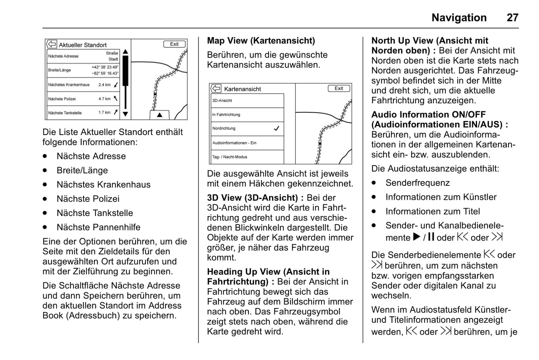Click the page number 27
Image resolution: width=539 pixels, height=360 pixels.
[x=513, y=18]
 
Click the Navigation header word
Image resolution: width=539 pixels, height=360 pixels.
[x=459, y=18]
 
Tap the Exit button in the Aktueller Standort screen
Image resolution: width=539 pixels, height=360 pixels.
[x=174, y=44]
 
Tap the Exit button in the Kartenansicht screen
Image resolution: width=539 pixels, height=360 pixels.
[x=339, y=88]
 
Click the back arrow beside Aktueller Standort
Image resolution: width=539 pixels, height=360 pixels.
[x=51, y=44]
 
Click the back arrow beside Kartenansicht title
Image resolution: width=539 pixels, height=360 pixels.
[x=216, y=89]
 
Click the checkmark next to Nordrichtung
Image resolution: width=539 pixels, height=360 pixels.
[x=276, y=128]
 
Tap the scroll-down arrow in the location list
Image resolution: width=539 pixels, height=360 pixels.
[x=125, y=114]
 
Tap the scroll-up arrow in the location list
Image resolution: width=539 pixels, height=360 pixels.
[x=125, y=52]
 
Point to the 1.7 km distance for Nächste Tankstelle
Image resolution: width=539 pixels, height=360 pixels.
[x=104, y=112]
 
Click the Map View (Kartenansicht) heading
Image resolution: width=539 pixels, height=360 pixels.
[x=261, y=41]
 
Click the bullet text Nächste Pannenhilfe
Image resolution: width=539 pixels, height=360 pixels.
[x=98, y=227]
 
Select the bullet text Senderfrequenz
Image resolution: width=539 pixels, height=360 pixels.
[x=417, y=183]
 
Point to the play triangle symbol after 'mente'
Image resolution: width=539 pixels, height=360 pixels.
[x=417, y=237]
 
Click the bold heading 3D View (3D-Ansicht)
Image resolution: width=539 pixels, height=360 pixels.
[x=253, y=198]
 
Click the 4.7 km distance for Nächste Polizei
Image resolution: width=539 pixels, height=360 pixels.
[x=104, y=99]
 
